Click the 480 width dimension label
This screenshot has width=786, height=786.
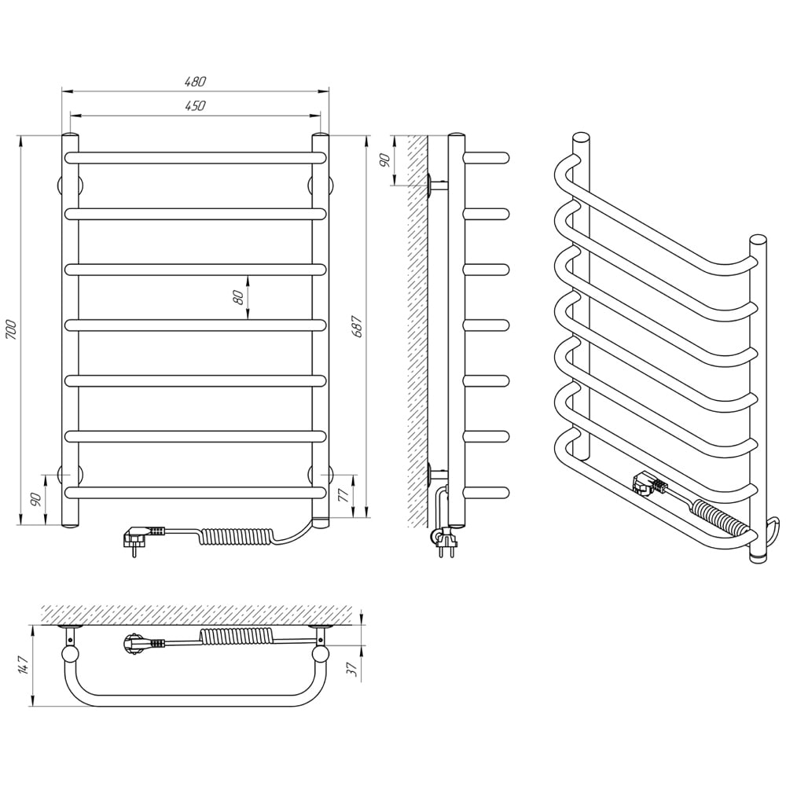point(195,81)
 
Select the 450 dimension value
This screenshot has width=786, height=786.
point(195,106)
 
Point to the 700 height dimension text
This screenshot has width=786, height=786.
point(11,330)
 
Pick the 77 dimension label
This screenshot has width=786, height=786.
point(343,495)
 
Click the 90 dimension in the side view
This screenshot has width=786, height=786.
point(384,160)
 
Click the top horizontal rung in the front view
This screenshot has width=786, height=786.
point(195,157)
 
